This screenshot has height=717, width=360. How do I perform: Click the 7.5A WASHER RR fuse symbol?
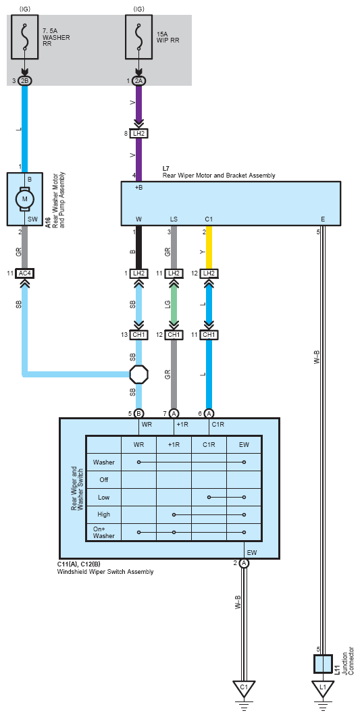[x=24, y=36]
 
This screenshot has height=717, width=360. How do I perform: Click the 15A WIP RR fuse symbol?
[x=138, y=36]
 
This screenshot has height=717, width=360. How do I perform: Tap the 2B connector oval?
[x=24, y=81]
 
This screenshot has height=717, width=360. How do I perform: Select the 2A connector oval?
[x=138, y=81]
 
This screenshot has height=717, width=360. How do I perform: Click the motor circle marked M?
[x=24, y=198]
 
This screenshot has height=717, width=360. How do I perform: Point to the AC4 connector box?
[x=24, y=273]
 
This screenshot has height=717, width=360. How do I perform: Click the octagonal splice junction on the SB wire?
[x=138, y=374]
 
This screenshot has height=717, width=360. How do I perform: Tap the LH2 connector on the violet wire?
[x=138, y=134]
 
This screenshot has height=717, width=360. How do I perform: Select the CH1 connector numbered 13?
[x=138, y=335]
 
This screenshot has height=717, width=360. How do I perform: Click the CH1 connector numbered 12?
[x=174, y=335]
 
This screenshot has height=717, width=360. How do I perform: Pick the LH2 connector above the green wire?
[x=174, y=273]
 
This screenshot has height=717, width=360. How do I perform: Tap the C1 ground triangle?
[x=244, y=689]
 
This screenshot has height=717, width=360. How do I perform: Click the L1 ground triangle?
[x=323, y=689]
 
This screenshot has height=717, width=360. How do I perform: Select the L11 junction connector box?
[x=323, y=664]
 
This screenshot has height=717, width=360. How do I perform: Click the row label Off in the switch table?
[x=104, y=479]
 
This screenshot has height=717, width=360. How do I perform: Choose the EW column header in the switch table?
[x=244, y=444]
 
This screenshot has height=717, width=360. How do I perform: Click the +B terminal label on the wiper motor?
[x=139, y=187]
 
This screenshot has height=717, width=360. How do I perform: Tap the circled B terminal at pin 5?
[x=138, y=413]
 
